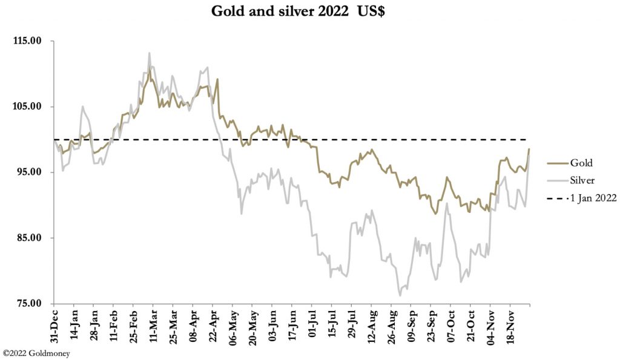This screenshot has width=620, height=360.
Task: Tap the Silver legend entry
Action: pos(582,180)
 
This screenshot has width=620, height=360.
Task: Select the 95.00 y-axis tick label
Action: pos(28,172)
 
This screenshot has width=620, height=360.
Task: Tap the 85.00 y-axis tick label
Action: pos(28,238)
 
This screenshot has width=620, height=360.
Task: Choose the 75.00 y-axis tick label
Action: pos(28,303)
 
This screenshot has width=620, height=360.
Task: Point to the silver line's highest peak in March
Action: pos(149,53)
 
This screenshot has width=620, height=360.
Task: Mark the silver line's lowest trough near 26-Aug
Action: pos(400,295)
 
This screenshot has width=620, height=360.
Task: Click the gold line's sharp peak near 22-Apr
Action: pos(217,79)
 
